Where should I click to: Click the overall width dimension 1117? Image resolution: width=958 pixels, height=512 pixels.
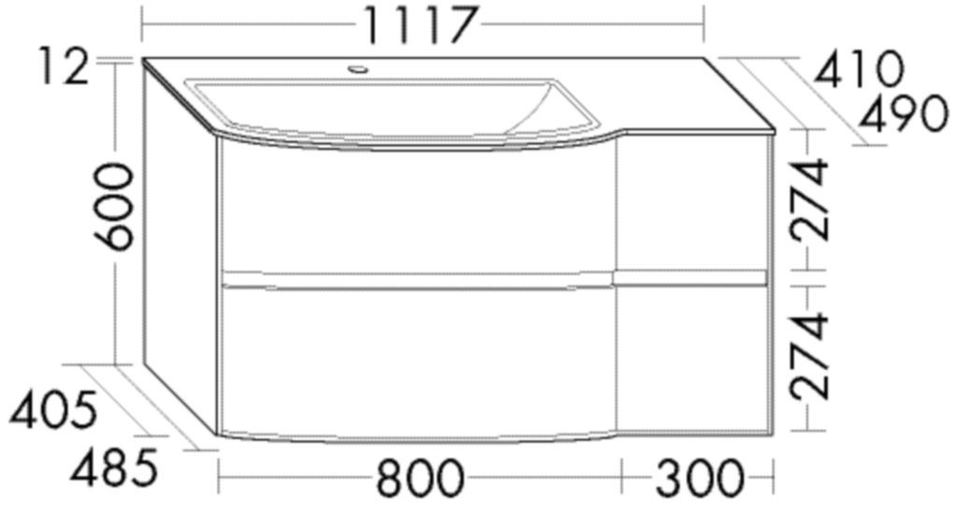(420, 24)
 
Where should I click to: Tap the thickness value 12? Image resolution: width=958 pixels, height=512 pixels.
(64, 67)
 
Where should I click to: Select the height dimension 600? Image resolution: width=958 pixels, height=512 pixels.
(114, 207)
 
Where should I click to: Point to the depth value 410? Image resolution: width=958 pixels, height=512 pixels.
(859, 68)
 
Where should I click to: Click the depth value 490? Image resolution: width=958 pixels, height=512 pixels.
(904, 113)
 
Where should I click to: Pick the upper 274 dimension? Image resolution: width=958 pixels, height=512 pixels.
(810, 199)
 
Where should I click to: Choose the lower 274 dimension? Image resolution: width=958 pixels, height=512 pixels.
(810, 357)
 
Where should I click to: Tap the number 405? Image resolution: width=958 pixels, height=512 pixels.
(53, 410)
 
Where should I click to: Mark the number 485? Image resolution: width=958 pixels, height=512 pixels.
(114, 469)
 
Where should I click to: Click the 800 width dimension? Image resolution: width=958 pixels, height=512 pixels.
(420, 479)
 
